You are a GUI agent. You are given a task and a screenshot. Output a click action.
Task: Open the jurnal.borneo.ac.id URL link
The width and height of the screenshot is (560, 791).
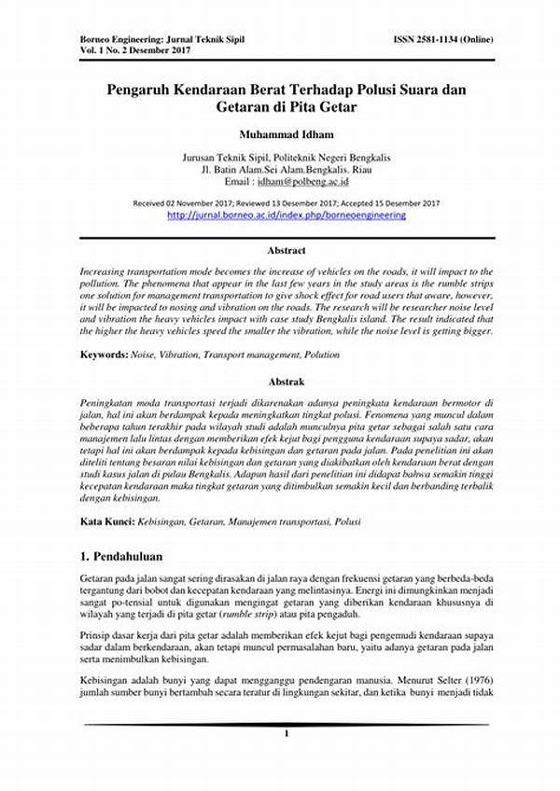click(x=287, y=215)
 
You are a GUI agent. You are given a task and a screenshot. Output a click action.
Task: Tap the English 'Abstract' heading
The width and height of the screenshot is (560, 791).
click(x=287, y=250)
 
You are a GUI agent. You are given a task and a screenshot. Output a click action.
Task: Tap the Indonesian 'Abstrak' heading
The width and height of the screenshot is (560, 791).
click(x=287, y=382)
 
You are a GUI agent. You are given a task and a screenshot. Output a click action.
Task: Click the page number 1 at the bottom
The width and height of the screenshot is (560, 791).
click(x=287, y=735)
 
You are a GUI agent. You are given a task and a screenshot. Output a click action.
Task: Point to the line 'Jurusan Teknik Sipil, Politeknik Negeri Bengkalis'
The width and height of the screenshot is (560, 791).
click(x=287, y=159)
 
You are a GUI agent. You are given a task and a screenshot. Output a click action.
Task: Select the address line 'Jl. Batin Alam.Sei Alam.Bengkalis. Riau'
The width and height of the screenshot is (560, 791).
click(x=287, y=172)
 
